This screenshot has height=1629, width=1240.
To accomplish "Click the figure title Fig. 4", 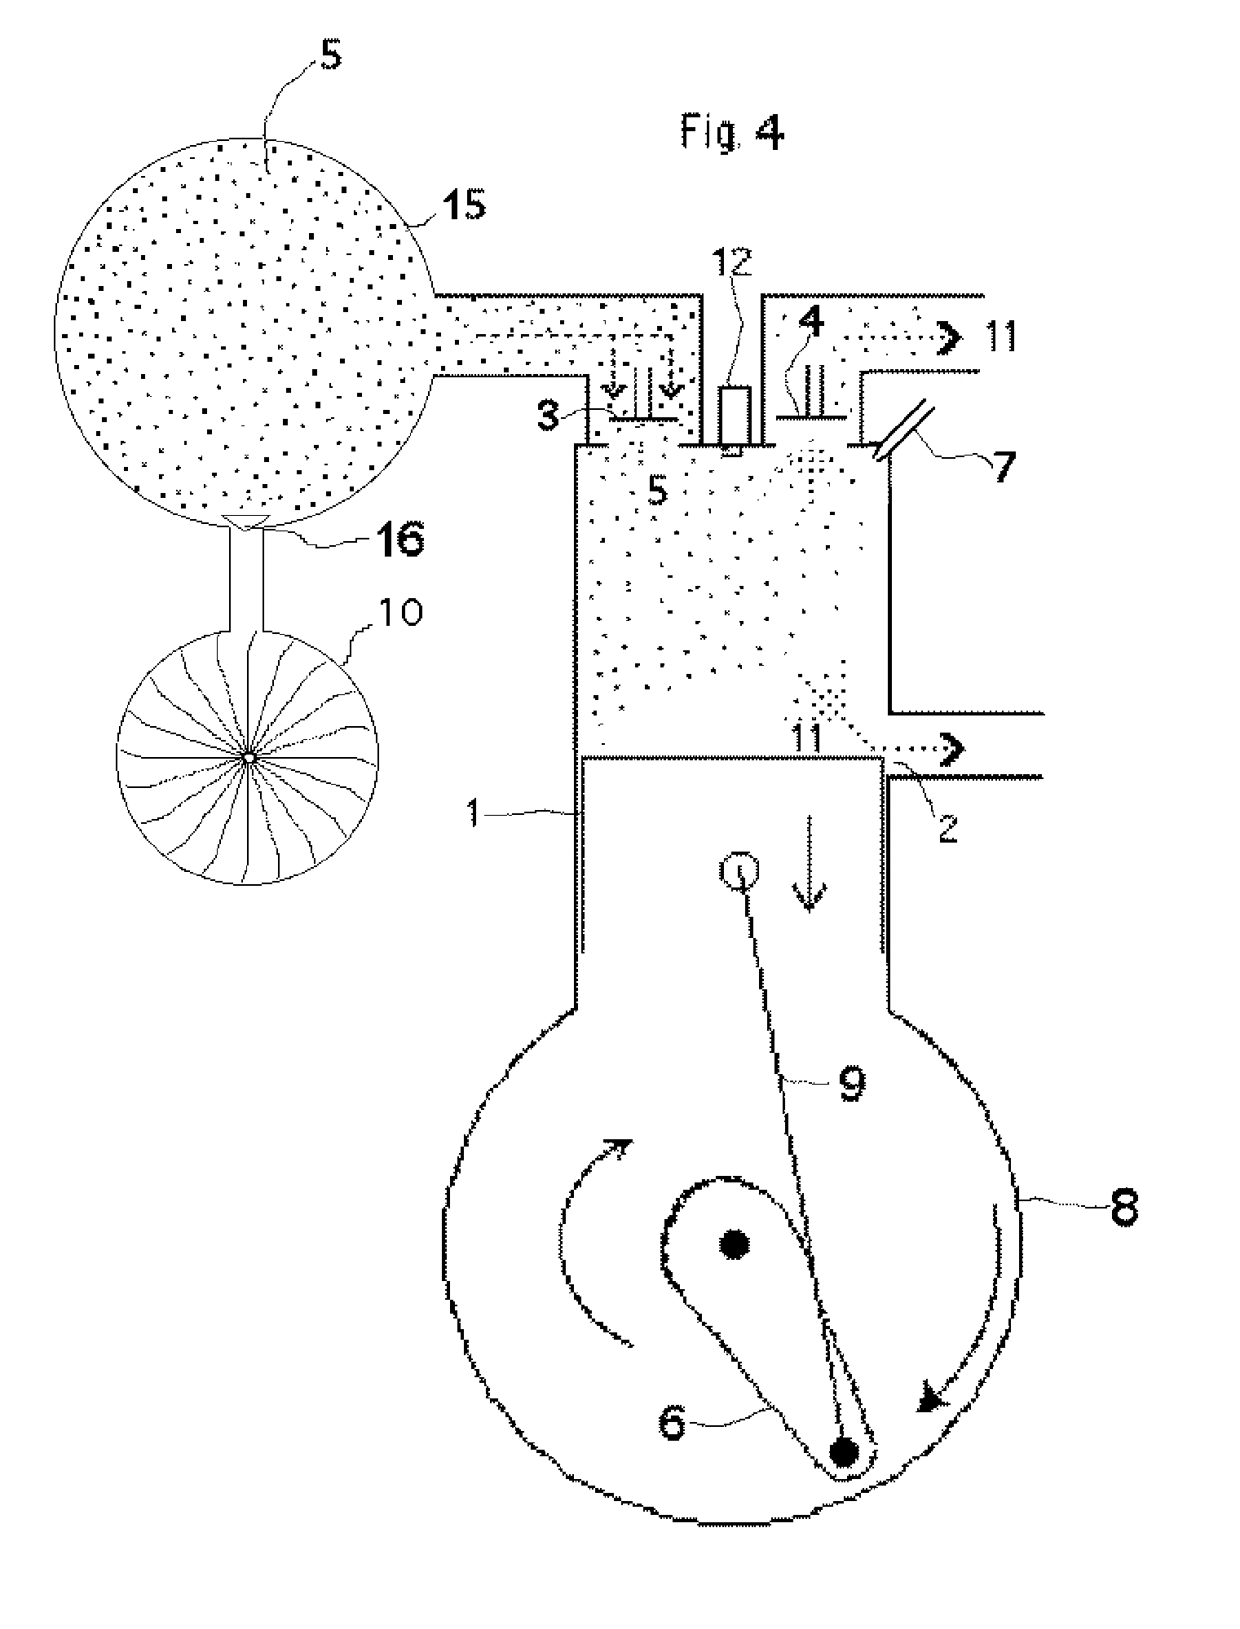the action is pyautogui.click(x=731, y=133).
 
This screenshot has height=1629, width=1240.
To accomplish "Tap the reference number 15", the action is pyautogui.click(x=464, y=204).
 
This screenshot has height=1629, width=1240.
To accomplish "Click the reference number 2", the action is pyautogui.click(x=947, y=827).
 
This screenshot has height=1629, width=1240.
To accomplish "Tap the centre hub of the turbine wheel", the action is pyautogui.click(x=248, y=757).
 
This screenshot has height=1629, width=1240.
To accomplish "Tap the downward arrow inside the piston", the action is pyautogui.click(x=809, y=863).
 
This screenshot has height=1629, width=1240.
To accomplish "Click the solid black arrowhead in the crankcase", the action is pyautogui.click(x=931, y=1400).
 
